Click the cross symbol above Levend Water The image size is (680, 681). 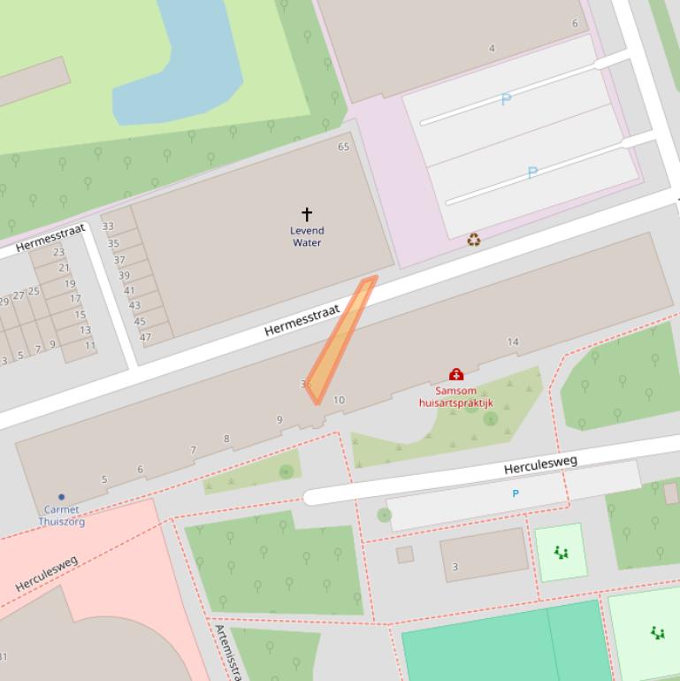coord(307,214)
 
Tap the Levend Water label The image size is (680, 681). coord(307,237)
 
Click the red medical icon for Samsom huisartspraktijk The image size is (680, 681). coord(456,375)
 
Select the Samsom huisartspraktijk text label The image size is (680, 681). coord(455,397)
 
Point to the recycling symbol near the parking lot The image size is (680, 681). coord(474,239)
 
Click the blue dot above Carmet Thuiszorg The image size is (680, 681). coord(61,497)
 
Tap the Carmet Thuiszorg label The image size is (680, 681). coord(60,516)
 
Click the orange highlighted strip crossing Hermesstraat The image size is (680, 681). coord(341,340)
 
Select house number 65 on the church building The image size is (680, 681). coord(343,147)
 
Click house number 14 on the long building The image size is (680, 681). coord(513,341)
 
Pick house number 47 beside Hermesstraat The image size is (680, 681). coord(145,337)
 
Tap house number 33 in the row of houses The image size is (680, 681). coord(108,226)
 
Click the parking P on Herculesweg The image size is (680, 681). coord(516,494)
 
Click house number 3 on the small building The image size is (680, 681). coord(455,567)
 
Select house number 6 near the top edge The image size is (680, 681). coord(575,24)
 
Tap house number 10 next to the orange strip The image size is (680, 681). coord(339,400)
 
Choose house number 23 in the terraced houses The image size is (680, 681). coord(58,253)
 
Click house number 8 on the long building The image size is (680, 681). coord(226,439)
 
